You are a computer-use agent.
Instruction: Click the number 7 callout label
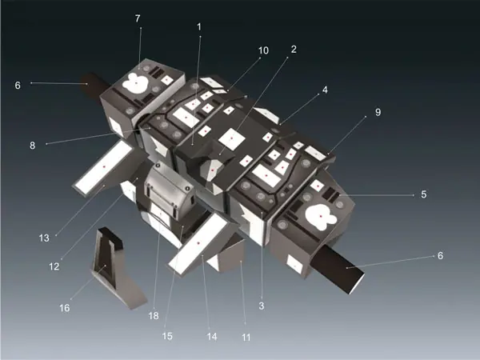pos(138,18)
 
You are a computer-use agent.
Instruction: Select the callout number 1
pos(199,27)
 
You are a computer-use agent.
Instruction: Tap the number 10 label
pos(263,50)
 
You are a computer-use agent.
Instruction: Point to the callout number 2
pos(294,49)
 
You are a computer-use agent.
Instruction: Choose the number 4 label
pos(325,90)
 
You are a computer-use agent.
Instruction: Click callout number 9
pos(378,112)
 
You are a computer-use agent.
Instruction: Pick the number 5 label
pos(424,194)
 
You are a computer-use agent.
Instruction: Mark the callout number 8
pos(33,146)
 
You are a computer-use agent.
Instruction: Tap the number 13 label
pos(44,238)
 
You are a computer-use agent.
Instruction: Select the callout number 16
pos(65,308)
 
